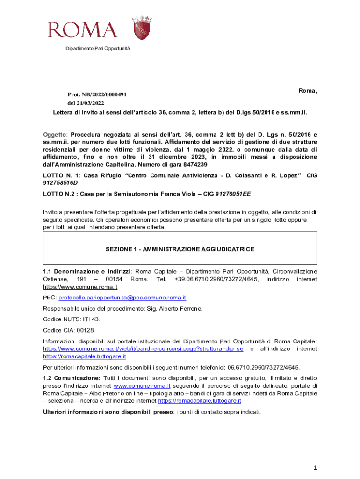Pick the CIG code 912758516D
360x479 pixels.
(x=60, y=182)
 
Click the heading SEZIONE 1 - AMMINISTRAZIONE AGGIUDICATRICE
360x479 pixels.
(x=180, y=249)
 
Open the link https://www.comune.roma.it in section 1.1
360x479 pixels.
(x=80, y=287)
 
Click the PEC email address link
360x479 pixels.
(x=122, y=297)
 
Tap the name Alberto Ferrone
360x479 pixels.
(x=186, y=309)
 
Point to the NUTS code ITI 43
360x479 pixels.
(x=91, y=319)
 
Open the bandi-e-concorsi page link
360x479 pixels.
(x=143, y=349)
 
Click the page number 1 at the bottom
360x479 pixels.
(x=316, y=467)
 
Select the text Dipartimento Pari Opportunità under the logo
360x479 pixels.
(x=98, y=49)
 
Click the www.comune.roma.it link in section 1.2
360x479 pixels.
(x=141, y=386)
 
